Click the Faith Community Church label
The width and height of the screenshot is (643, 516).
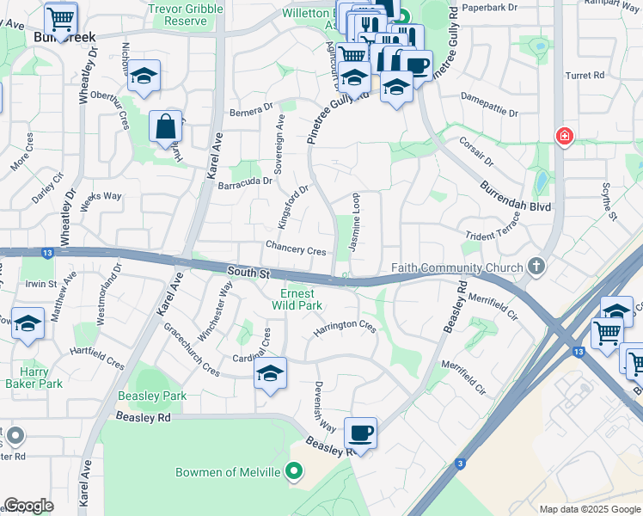(456, 267)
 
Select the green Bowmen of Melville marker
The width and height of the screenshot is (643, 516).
(295, 471)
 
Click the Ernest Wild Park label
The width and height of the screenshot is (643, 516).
(296, 298)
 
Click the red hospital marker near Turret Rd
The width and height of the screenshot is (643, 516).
(563, 137)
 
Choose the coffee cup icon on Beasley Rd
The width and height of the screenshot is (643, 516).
(360, 433)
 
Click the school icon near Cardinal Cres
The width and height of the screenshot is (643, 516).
(270, 374)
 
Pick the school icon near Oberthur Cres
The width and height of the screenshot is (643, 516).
(144, 77)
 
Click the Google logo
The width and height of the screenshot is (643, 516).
(28, 505)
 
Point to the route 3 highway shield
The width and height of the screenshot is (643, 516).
(461, 464)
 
